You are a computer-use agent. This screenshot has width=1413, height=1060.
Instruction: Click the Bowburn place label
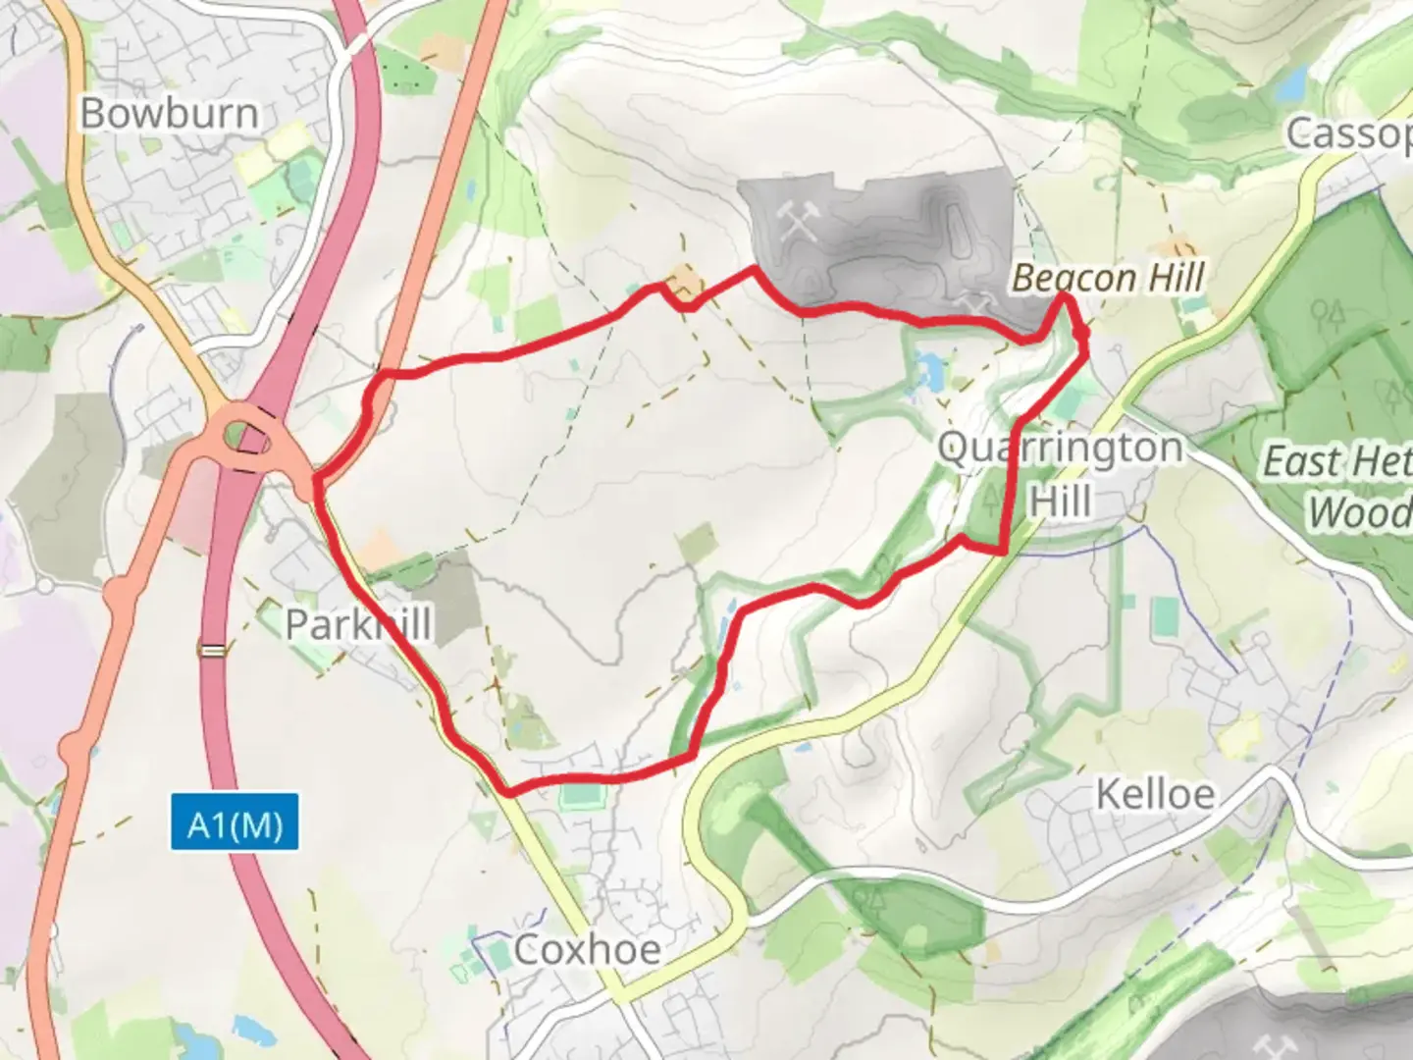170,113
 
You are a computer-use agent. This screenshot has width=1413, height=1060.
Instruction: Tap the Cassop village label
1350,133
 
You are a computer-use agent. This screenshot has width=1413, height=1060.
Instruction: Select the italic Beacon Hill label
1108,278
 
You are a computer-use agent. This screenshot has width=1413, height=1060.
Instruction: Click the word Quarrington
1061,449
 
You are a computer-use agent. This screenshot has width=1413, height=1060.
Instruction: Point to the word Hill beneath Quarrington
1061,501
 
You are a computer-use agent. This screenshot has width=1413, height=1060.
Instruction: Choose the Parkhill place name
358,624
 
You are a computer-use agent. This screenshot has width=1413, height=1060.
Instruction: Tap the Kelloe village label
1155,794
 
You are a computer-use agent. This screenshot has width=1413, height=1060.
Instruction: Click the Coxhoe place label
587,950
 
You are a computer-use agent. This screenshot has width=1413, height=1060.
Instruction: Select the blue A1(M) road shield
235,824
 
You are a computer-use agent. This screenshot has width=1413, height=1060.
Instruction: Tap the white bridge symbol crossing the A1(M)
212,649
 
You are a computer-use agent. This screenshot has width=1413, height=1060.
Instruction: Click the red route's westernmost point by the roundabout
316,481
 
